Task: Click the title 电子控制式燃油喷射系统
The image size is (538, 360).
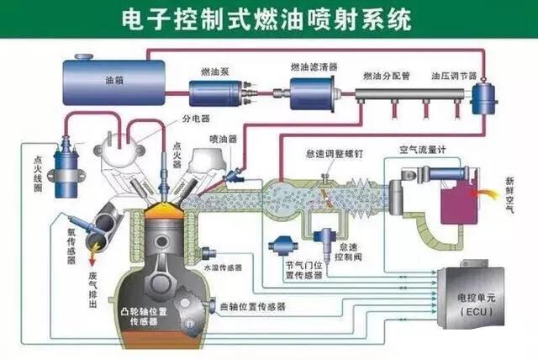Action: click(269, 19)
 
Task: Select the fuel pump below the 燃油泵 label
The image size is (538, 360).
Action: click(217, 91)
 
